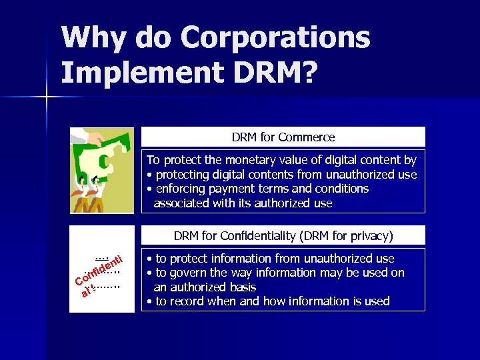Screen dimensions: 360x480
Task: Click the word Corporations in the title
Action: point(275,38)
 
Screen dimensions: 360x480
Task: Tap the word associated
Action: point(181,203)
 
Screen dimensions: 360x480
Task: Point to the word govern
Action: point(186,273)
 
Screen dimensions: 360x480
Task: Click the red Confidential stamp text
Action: point(97,275)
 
